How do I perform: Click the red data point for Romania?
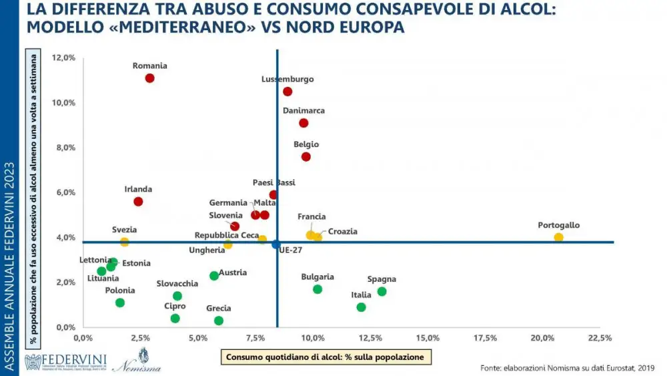click(149, 78)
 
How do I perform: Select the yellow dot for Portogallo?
click(558, 237)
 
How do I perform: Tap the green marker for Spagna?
click(382, 291)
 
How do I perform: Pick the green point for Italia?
click(361, 307)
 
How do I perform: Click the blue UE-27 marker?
click(276, 244)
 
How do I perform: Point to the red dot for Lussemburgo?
click(287, 91)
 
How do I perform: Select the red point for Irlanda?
click(138, 202)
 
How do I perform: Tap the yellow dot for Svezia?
click(124, 242)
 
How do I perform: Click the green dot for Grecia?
click(219, 321)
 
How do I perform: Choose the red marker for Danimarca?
click(303, 123)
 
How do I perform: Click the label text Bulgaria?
click(317, 276)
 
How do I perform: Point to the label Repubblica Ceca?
click(227, 235)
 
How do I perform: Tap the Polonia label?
click(120, 291)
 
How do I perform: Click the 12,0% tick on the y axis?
click(63, 57)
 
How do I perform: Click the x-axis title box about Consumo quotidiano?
click(325, 357)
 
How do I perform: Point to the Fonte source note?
click(567, 367)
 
